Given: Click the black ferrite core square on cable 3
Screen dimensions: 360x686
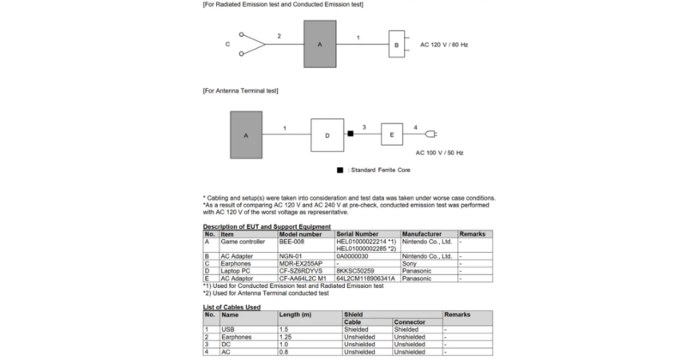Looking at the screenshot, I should (x=350, y=134).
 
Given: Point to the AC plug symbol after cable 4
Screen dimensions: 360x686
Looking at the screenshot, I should (x=432, y=134).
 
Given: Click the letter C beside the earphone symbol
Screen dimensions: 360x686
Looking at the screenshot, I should (x=228, y=43).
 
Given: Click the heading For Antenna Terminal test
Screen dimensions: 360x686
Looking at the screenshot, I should (x=240, y=91).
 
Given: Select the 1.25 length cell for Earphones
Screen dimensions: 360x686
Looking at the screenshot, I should (x=287, y=336).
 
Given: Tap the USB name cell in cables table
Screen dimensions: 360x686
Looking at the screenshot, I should (x=228, y=329).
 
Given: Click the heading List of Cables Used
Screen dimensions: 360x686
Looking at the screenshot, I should (x=232, y=306).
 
